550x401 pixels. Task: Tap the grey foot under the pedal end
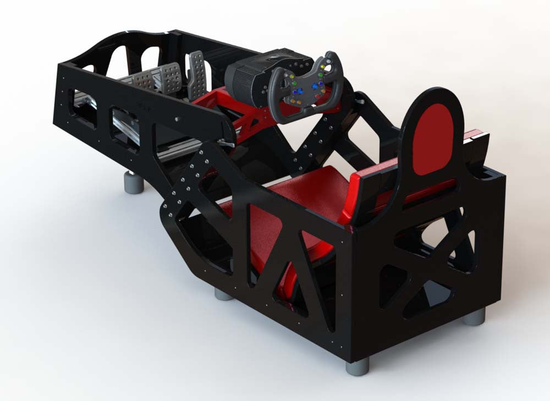click(x=134, y=182)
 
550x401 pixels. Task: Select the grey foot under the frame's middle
click(x=224, y=294)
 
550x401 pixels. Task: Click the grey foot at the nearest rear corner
click(x=358, y=366)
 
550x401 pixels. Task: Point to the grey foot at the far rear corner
click(x=474, y=316)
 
